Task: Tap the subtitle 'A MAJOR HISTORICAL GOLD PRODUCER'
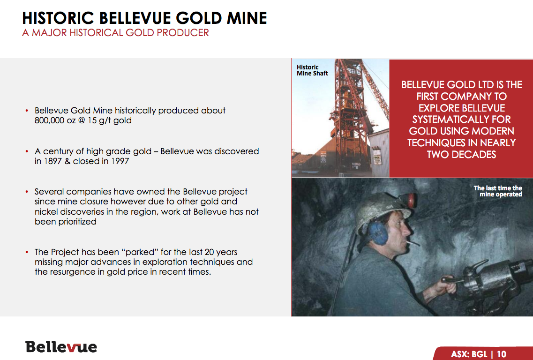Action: [x=116, y=33]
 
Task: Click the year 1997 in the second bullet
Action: [x=120, y=161]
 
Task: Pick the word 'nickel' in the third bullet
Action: [x=46, y=211]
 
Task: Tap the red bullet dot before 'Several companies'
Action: [x=27, y=192]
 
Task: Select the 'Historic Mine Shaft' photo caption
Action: [x=312, y=70]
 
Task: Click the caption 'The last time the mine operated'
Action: [x=498, y=191]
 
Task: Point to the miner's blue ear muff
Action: [x=378, y=233]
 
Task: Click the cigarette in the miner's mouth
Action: [x=413, y=243]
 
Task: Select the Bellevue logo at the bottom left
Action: [x=61, y=347]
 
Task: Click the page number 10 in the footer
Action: [x=502, y=354]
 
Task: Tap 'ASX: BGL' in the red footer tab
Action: [x=469, y=354]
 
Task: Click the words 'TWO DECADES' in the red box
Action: [x=461, y=155]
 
